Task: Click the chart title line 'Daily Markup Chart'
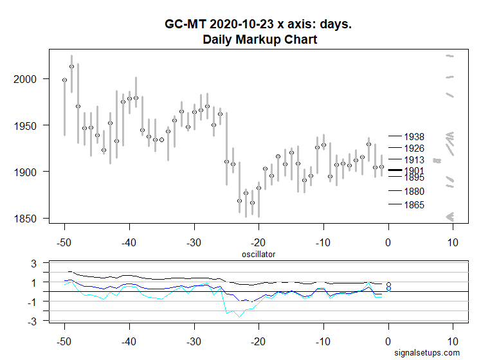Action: (260, 39)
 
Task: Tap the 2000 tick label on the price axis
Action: (29, 79)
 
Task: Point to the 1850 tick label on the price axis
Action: (29, 219)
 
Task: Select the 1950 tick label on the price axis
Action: (29, 125)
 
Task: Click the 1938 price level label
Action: (414, 136)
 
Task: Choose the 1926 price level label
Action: (414, 148)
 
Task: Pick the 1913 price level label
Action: (414, 159)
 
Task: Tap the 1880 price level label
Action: (414, 191)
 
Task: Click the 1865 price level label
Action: (414, 205)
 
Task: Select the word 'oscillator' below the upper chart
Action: (259, 254)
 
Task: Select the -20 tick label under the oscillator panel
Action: (258, 341)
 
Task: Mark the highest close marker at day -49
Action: (71, 66)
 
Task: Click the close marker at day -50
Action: (64, 80)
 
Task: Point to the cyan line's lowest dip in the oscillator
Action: (239, 316)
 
